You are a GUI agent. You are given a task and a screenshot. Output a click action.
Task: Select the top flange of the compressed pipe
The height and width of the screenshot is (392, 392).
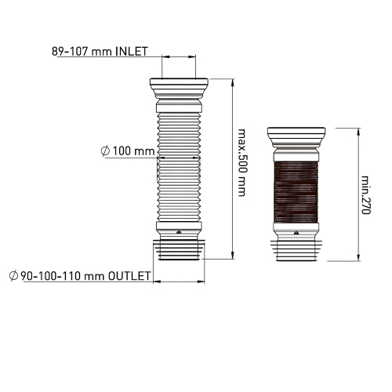click(297, 131)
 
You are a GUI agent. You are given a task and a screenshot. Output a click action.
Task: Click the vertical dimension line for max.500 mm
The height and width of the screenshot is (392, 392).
click(233, 168)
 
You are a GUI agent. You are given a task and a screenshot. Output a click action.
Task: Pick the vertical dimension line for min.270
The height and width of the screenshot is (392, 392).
click(358, 192)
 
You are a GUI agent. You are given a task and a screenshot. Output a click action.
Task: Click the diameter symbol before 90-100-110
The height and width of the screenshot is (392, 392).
click(13, 276)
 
